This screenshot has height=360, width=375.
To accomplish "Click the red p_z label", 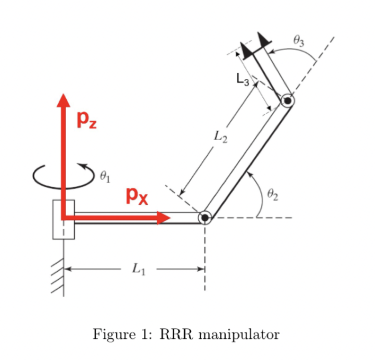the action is click(x=87, y=121).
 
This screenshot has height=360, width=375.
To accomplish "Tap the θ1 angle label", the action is click(x=105, y=177).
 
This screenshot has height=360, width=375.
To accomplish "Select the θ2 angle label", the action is click(x=272, y=194).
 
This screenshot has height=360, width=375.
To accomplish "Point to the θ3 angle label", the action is click(x=299, y=41).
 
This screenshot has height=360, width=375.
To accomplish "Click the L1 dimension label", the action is click(x=139, y=269).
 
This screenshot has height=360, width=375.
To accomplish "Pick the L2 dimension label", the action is click(x=220, y=137).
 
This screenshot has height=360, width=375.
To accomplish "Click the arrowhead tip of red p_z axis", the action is click(x=63, y=94).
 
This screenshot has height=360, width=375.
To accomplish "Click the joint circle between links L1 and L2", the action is click(x=205, y=218).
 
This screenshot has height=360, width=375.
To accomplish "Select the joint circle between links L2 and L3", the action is click(x=287, y=100).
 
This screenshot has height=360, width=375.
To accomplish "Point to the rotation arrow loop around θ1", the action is click(x=63, y=188).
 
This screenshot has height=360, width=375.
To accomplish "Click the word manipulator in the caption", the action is click(x=239, y=334).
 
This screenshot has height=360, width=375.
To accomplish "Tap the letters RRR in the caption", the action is click(x=176, y=334).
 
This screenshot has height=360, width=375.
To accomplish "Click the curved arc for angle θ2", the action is click(x=261, y=192).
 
